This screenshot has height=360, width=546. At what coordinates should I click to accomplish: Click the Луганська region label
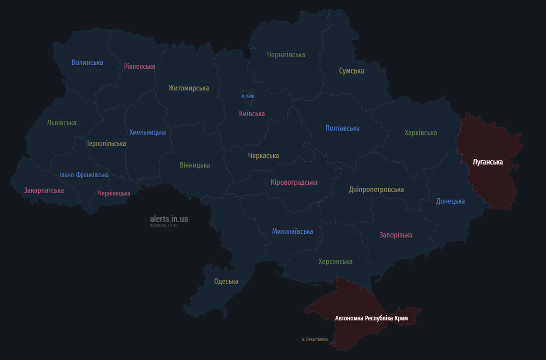tap(487, 162)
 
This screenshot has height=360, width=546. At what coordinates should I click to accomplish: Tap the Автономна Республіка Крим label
tap(371, 318)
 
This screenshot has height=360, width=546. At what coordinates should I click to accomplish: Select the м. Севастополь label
tap(315, 339)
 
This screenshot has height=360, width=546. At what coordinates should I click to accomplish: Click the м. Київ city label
tap(247, 96)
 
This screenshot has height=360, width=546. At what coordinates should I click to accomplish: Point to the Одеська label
tap(226, 281)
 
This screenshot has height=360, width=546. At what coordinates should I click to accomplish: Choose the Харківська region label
tap(420, 133)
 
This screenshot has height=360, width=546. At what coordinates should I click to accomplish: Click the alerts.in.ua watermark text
tap(169, 219)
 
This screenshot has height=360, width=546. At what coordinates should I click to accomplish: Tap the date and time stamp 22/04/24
tap(163, 226)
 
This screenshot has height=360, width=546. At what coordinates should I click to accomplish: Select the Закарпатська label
tap(44, 190)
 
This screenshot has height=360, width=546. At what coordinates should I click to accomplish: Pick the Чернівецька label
tap(114, 193)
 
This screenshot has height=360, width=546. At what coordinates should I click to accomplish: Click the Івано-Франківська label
tap(84, 175)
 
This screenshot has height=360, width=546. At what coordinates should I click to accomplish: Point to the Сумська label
tap(352, 71)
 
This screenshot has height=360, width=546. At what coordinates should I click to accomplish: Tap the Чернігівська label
tap(286, 55)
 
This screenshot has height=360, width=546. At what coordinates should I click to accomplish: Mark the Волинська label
tap(87, 62)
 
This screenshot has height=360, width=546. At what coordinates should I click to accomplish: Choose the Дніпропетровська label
tap(376, 189)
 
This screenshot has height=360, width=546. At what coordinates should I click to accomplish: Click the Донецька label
tap(450, 201)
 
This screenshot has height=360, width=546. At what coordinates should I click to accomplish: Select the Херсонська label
tap(335, 262)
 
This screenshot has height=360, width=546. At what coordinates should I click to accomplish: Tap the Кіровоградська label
tap(294, 182)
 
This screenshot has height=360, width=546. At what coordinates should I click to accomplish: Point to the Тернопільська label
tap(106, 143)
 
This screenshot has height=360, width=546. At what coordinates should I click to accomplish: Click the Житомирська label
tap(188, 88)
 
